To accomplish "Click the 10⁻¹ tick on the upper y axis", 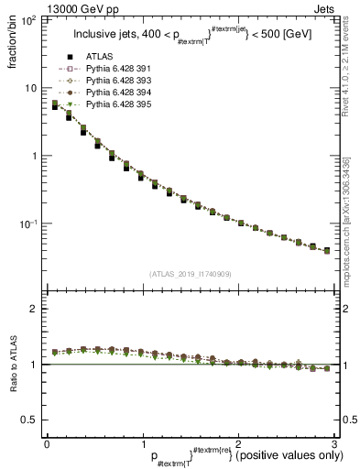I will pyautogui.click(x=29, y=224).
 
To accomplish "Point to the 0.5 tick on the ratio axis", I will pyautogui.click(x=30, y=420).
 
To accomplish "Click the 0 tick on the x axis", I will pyautogui.click(x=46, y=444).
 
